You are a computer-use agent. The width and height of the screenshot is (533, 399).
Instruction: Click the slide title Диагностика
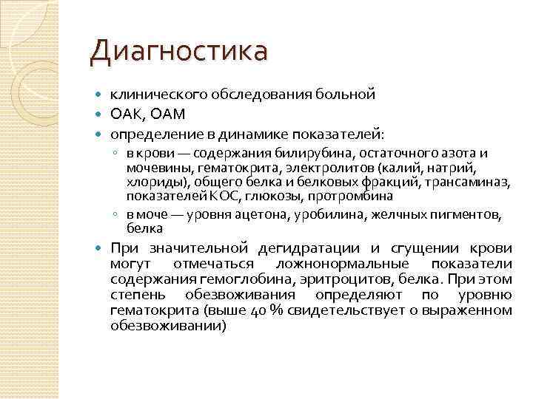[178, 52]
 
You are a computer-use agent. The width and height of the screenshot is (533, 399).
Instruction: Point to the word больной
[347, 95]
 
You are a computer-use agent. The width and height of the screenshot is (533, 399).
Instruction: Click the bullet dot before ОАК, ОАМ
[101, 115]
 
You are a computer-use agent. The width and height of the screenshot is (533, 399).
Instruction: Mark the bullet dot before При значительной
[101, 248]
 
